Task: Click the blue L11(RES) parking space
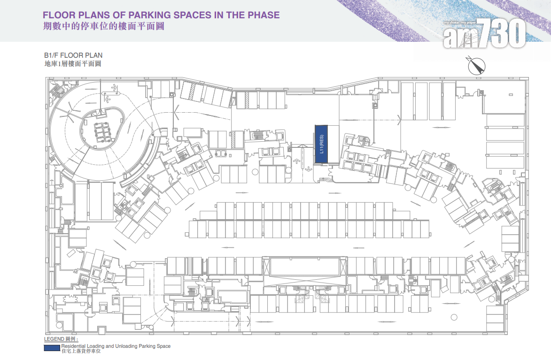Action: (x=321, y=144)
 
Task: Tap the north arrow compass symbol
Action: (x=476, y=66)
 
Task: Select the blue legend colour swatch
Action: (x=52, y=348)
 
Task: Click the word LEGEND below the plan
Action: (x=54, y=339)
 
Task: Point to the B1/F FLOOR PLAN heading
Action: (x=73, y=55)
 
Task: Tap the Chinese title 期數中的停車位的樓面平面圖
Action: (x=104, y=26)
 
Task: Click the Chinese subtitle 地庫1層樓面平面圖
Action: (x=73, y=63)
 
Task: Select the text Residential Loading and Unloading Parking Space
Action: (x=116, y=346)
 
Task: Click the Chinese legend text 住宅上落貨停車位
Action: (x=81, y=351)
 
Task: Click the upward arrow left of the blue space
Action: (x=296, y=161)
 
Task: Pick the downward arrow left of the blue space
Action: (x=309, y=169)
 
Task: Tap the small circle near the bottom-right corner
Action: (x=454, y=317)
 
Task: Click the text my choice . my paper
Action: (x=459, y=23)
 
